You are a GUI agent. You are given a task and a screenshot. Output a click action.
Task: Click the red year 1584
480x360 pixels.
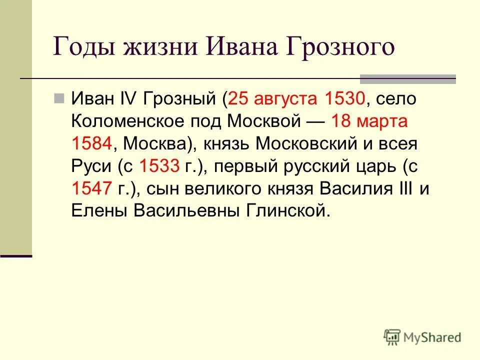(x=92, y=144)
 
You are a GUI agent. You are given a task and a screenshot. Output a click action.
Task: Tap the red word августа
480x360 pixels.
(x=285, y=98)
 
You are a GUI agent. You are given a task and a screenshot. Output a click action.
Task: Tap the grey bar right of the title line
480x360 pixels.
(x=408, y=78)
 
